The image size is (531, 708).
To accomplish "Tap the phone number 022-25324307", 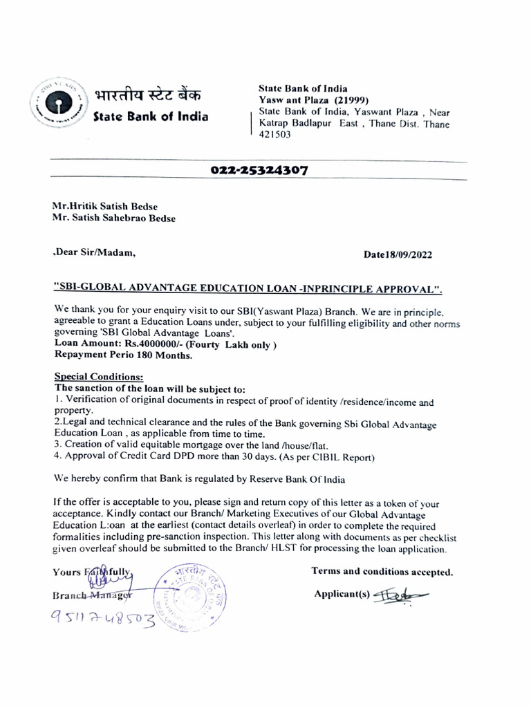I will (x=259, y=170).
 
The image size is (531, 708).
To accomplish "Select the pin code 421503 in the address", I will (x=274, y=135).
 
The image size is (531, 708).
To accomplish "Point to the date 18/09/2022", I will (x=407, y=254).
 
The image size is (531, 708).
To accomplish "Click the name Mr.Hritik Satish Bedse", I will (x=104, y=206).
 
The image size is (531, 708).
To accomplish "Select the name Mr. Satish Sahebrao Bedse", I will (x=114, y=218).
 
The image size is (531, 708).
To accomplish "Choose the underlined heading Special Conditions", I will (x=99, y=378).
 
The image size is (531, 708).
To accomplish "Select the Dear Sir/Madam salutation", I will (x=94, y=253).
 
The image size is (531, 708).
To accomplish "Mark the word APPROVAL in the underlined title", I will (x=404, y=288).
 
